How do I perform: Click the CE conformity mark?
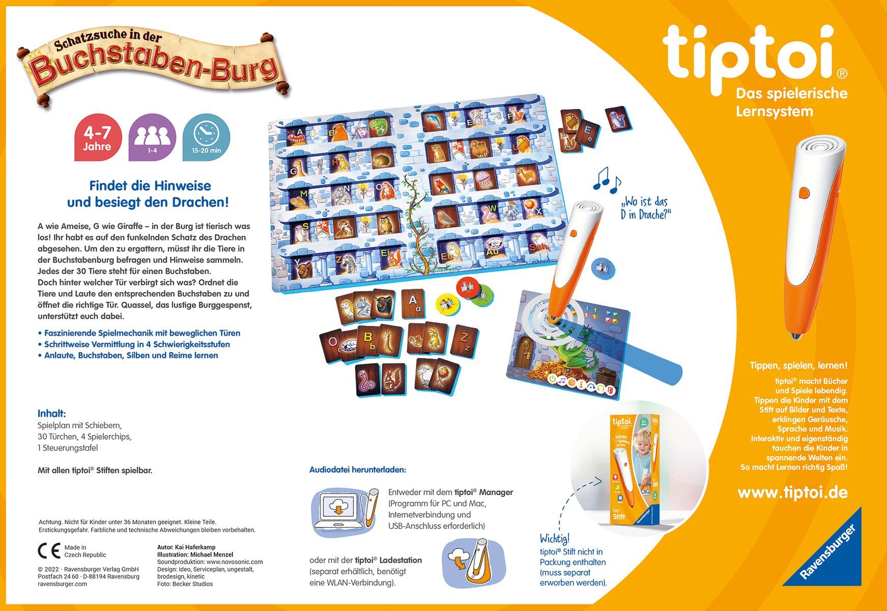tap(49, 551)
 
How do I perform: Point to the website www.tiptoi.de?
tap(792, 492)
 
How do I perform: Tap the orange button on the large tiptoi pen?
tap(804, 193)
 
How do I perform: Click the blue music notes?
tap(608, 179)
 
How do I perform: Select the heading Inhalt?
tap(52, 413)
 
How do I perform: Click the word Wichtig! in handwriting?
tap(555, 538)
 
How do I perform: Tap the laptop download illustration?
tap(344, 512)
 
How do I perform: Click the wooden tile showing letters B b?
tap(367, 340)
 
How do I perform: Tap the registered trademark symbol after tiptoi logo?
tap(842, 74)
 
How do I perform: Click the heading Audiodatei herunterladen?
tap(358, 469)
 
